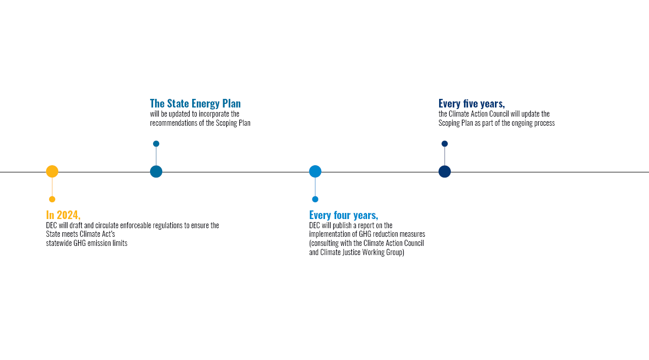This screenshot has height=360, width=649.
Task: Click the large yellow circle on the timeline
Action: [52, 171]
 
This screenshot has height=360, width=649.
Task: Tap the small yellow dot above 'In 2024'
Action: [52, 199]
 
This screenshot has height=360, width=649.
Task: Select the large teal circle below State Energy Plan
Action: [156, 171]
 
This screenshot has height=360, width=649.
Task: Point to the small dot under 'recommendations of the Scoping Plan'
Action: [156, 143]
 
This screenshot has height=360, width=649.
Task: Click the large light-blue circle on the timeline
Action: [315, 171]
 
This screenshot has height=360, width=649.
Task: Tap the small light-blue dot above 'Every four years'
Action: [315, 199]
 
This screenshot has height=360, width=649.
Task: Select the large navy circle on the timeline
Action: [445, 171]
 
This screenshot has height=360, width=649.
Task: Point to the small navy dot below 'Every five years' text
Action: [445, 143]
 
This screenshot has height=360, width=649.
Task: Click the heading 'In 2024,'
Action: [63, 215]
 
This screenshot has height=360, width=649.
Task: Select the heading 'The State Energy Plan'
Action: [195, 103]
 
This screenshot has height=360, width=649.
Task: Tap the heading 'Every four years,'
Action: [344, 215]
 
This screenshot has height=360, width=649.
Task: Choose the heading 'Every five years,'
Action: [472, 103]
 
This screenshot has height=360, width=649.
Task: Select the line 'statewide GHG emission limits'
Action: [87, 243]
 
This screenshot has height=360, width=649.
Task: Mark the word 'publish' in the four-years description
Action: [342, 225]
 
